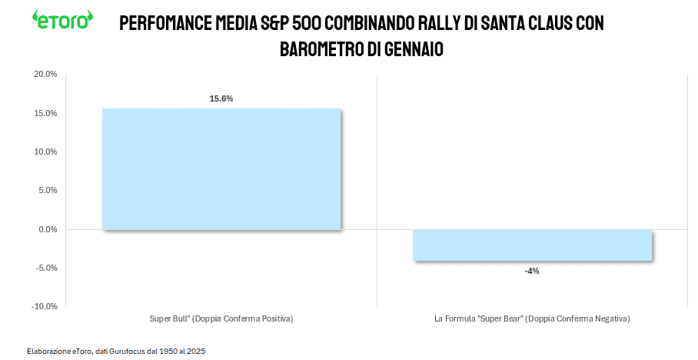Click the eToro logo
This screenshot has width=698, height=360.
62,19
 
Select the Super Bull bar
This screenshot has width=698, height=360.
221,168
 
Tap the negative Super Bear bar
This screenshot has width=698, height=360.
532,245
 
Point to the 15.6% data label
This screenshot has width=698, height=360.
221,98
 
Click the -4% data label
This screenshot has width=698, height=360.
532,271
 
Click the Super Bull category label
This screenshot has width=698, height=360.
221,318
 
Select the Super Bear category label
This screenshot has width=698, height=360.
532,318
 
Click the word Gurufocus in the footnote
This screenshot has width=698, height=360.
125,351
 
